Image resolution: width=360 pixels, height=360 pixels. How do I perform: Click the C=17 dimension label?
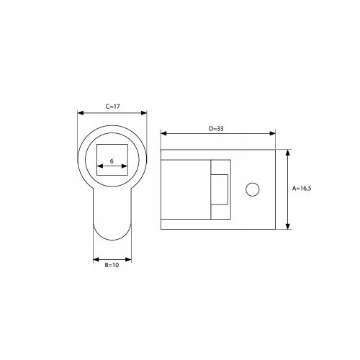pos(112,107)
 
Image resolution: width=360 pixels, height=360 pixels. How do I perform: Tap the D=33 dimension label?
pos(216,129)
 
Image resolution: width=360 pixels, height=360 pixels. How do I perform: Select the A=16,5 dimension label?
pos(302,189)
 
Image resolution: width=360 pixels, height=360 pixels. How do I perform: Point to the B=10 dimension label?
pos(112,265)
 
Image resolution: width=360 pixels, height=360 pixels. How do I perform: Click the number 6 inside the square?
pos(112,161)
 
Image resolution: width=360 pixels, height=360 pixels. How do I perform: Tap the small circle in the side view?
pos(253,189)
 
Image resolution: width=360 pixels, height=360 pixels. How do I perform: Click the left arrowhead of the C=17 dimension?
pos(81,113)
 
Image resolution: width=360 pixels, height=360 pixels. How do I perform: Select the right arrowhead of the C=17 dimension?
pos(144,113)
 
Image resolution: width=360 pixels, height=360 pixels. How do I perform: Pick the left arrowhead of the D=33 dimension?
pos(163,133)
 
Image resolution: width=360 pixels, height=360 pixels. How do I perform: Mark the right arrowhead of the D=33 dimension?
pos(272,133)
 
